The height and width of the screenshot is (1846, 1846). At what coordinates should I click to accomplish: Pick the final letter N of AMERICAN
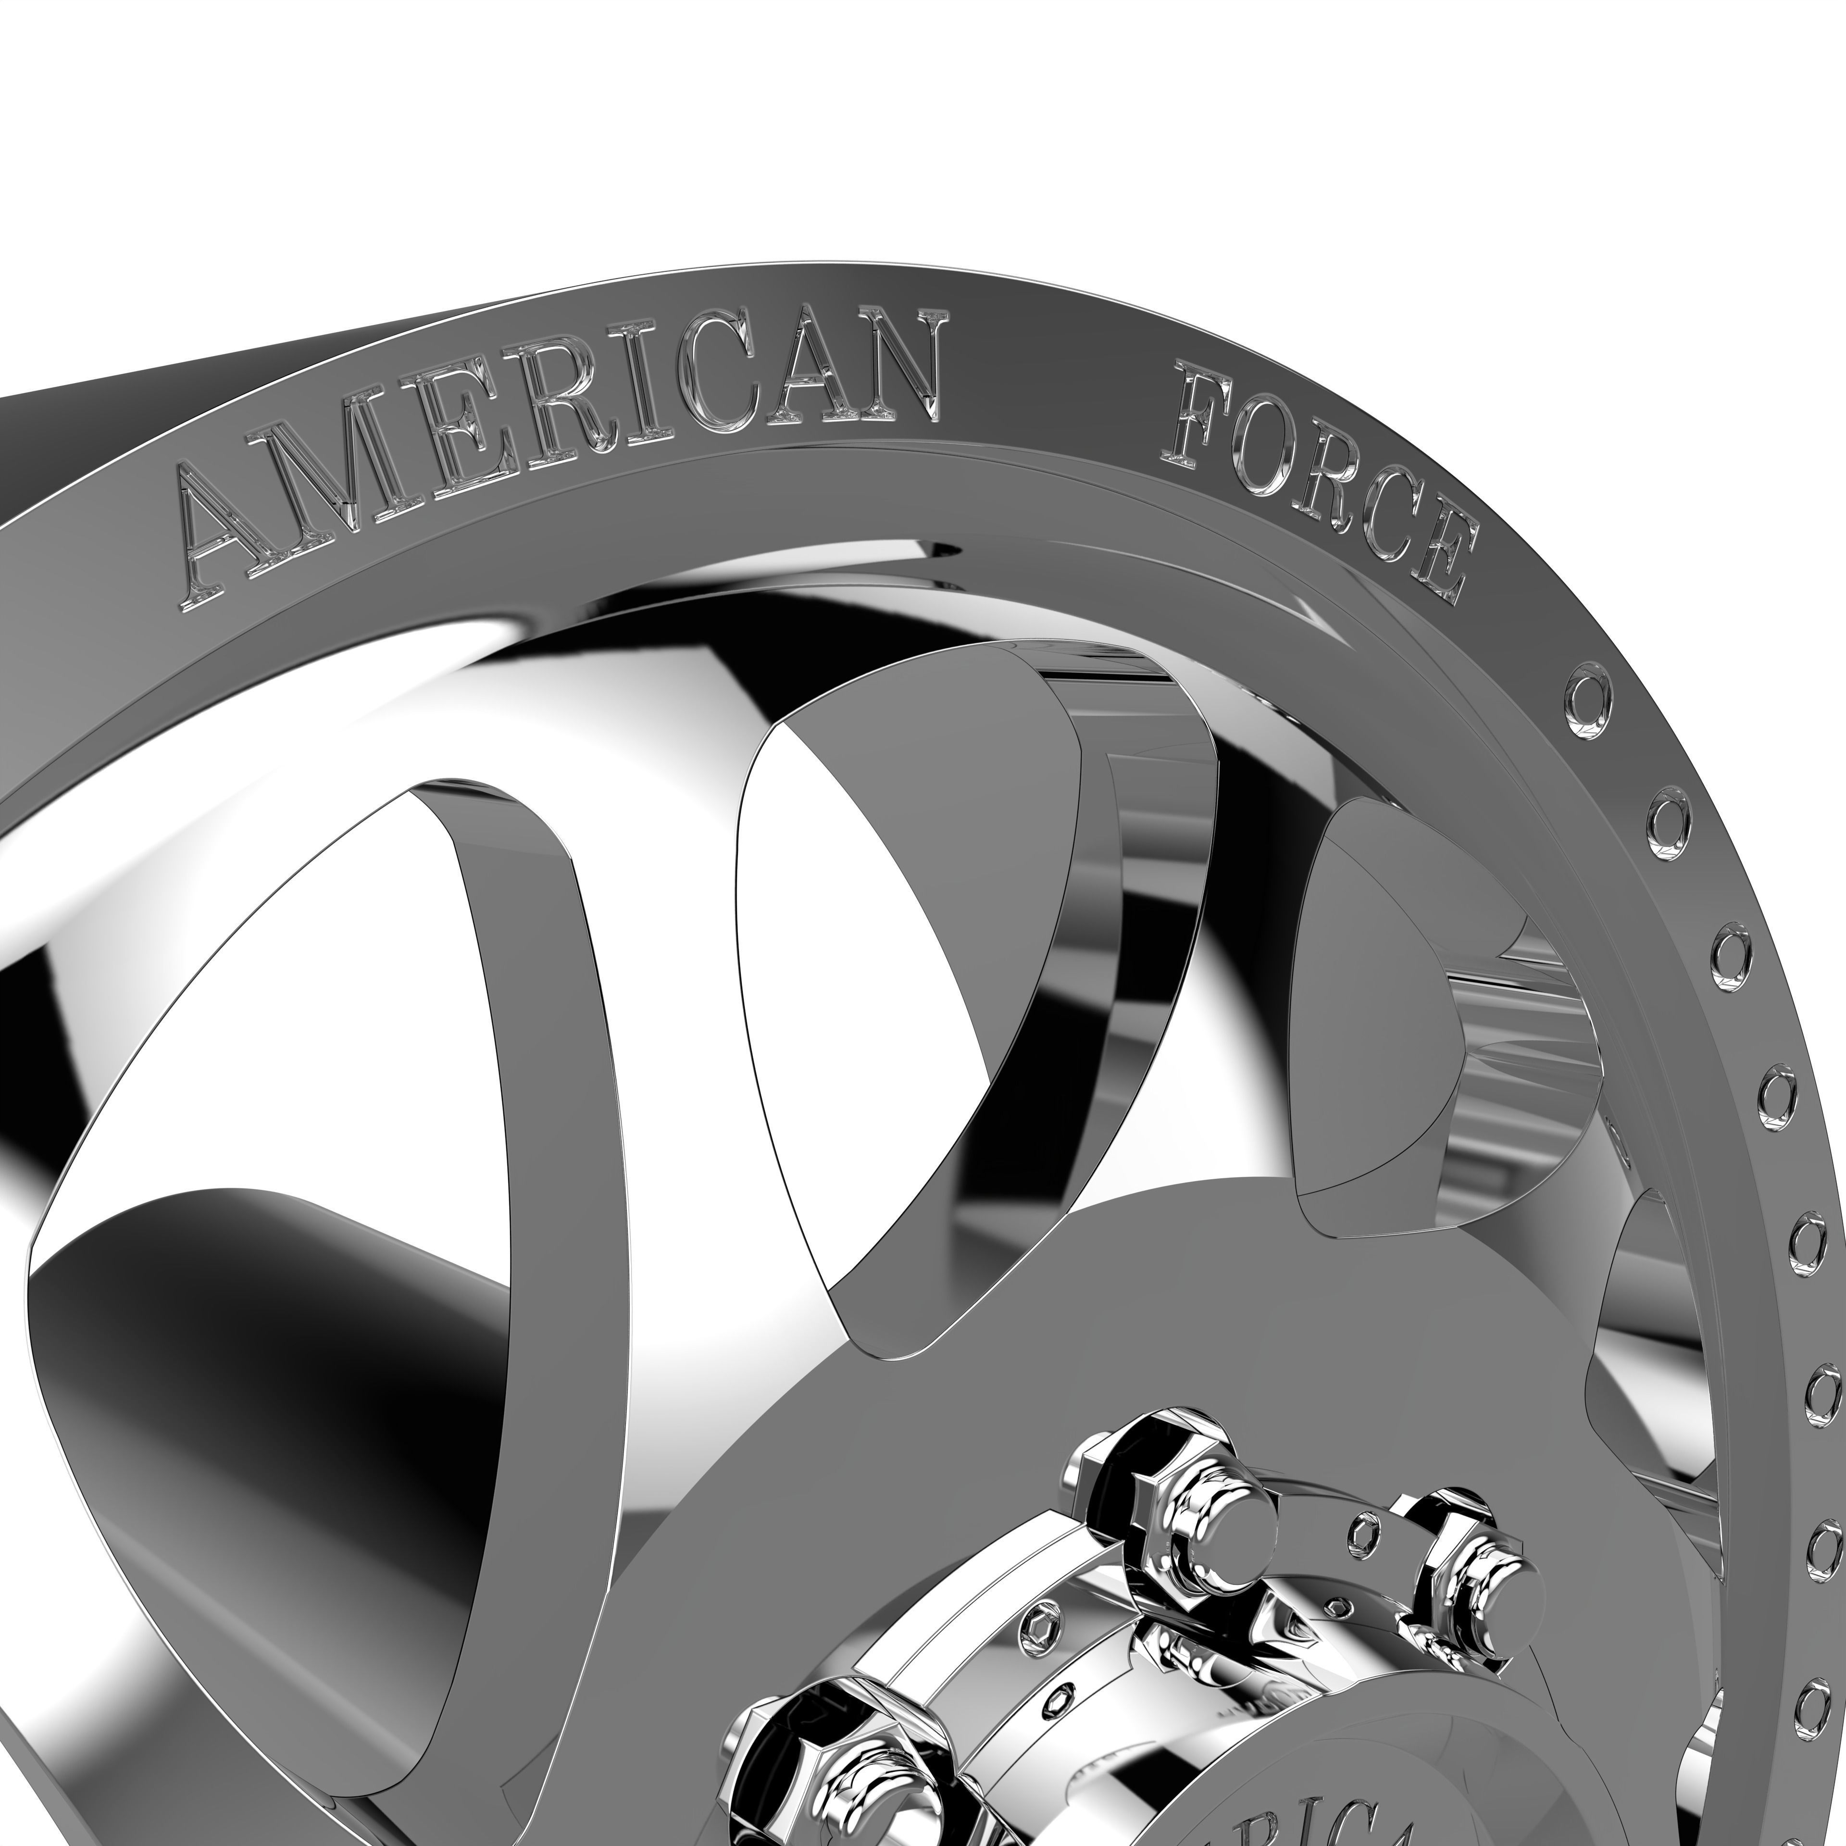[x=888, y=368]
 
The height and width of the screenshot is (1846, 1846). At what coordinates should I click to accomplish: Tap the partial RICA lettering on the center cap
[x=1309, y=1806]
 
